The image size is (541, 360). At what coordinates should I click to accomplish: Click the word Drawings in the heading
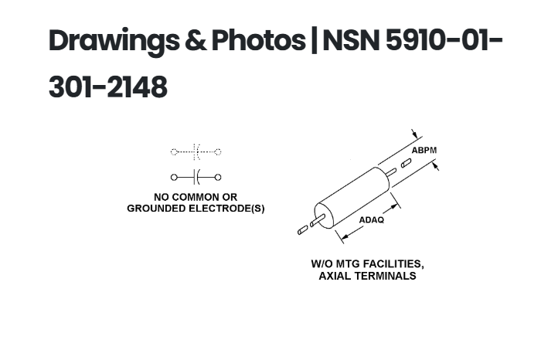[114, 41]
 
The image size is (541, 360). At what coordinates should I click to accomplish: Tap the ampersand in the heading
[196, 41]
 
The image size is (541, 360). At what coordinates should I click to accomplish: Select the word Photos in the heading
[258, 40]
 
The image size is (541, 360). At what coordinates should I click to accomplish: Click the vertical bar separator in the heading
[314, 40]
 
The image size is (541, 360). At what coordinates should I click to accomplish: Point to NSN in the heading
[351, 41]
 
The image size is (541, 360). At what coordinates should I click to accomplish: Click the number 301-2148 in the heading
[108, 87]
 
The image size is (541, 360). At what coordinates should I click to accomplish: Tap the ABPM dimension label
[424, 151]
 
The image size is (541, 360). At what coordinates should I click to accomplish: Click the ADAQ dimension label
[371, 220]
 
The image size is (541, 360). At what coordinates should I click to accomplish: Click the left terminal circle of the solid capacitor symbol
[174, 177]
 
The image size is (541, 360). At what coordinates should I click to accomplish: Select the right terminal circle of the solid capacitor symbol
[218, 177]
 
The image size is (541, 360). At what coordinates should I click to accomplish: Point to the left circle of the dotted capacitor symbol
[174, 151]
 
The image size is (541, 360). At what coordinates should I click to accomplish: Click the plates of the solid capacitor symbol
[196, 177]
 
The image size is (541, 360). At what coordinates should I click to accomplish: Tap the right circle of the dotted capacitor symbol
[218, 151]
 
